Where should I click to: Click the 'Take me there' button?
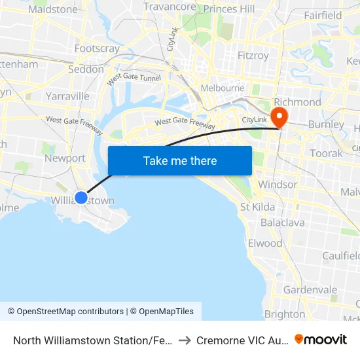click(180, 160)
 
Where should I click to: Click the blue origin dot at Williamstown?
click(81, 197)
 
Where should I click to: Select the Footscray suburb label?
click(97, 48)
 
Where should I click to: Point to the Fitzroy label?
click(253, 56)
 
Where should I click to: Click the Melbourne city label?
click(223, 88)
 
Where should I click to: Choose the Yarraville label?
click(67, 96)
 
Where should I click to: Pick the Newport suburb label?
click(65, 158)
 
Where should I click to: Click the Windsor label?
click(278, 185)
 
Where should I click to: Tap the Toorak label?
click(327, 153)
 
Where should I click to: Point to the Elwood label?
click(265, 243)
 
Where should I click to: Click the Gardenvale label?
click(310, 289)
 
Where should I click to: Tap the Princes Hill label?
click(229, 9)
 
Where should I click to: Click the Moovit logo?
click(321, 340)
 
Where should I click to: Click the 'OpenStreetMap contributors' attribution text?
click(70, 312)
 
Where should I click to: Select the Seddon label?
click(86, 69)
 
